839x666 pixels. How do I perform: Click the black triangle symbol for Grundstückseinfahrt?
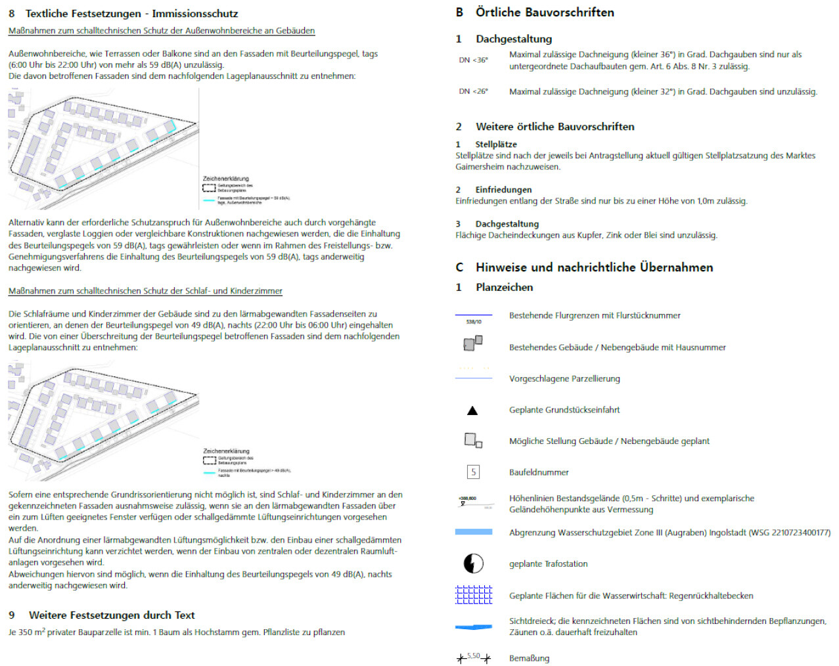(x=472, y=411)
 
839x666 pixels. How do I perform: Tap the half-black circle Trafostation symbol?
(x=473, y=563)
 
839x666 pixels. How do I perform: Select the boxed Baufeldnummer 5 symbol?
(x=473, y=472)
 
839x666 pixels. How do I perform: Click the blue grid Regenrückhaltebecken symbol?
(x=473, y=594)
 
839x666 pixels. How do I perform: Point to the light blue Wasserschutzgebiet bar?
(x=473, y=532)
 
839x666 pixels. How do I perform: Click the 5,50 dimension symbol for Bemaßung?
(x=473, y=657)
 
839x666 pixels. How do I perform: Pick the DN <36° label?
(x=473, y=60)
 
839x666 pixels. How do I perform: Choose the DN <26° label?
(x=473, y=91)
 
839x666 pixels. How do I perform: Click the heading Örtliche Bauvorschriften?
(x=545, y=12)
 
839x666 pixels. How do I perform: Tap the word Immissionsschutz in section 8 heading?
(x=194, y=14)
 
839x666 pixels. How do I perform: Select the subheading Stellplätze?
(x=496, y=144)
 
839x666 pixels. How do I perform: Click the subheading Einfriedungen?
(x=503, y=189)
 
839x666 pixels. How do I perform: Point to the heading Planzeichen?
(x=504, y=287)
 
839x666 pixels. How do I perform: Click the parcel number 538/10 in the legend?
(x=473, y=322)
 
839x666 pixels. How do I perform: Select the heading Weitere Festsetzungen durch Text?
(x=112, y=615)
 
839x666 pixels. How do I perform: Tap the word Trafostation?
(x=561, y=564)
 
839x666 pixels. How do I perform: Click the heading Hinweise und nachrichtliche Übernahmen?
(x=594, y=267)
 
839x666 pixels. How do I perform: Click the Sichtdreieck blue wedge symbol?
(x=473, y=627)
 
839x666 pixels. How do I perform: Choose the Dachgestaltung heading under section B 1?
(x=514, y=39)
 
